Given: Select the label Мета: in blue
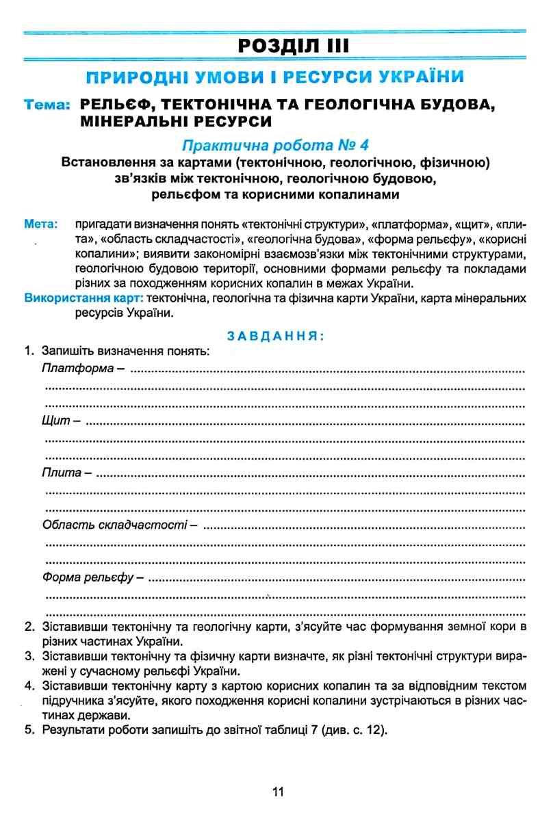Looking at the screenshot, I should (40, 224).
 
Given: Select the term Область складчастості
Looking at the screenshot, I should (114, 525).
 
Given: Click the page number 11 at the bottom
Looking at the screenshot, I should (276, 792).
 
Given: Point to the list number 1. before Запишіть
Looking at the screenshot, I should (29, 352).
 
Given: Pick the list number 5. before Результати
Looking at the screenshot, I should (29, 729).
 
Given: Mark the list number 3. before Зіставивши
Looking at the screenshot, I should (29, 657).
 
